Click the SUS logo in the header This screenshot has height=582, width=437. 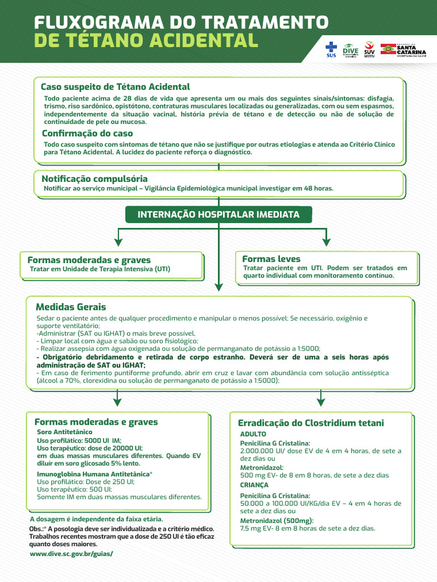pyautogui.click(x=331, y=49)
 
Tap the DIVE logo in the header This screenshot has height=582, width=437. pyautogui.click(x=351, y=49)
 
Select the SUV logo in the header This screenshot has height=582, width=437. pyautogui.click(x=369, y=49)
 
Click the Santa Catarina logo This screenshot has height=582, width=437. pyautogui.click(x=403, y=49)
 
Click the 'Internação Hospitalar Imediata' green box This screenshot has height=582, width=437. pyautogui.click(x=218, y=214)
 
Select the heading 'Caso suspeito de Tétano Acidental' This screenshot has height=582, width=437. pyautogui.click(x=115, y=87)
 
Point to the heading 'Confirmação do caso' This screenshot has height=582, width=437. pyautogui.click(x=87, y=134)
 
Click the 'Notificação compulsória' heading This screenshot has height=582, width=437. pyautogui.click(x=94, y=178)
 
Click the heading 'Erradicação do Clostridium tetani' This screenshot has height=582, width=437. pyautogui.click(x=311, y=423)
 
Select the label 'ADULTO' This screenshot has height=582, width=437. pyautogui.click(x=253, y=434)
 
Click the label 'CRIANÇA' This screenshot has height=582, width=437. pyautogui.click(x=254, y=485)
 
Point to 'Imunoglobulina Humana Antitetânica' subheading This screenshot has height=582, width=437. pyautogui.click(x=94, y=473)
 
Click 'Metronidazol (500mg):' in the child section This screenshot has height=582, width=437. pyautogui.click(x=277, y=521)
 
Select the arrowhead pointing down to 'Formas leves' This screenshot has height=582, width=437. pyautogui.click(x=327, y=241)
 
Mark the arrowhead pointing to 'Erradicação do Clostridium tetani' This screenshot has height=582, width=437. pyautogui.click(x=320, y=402)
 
